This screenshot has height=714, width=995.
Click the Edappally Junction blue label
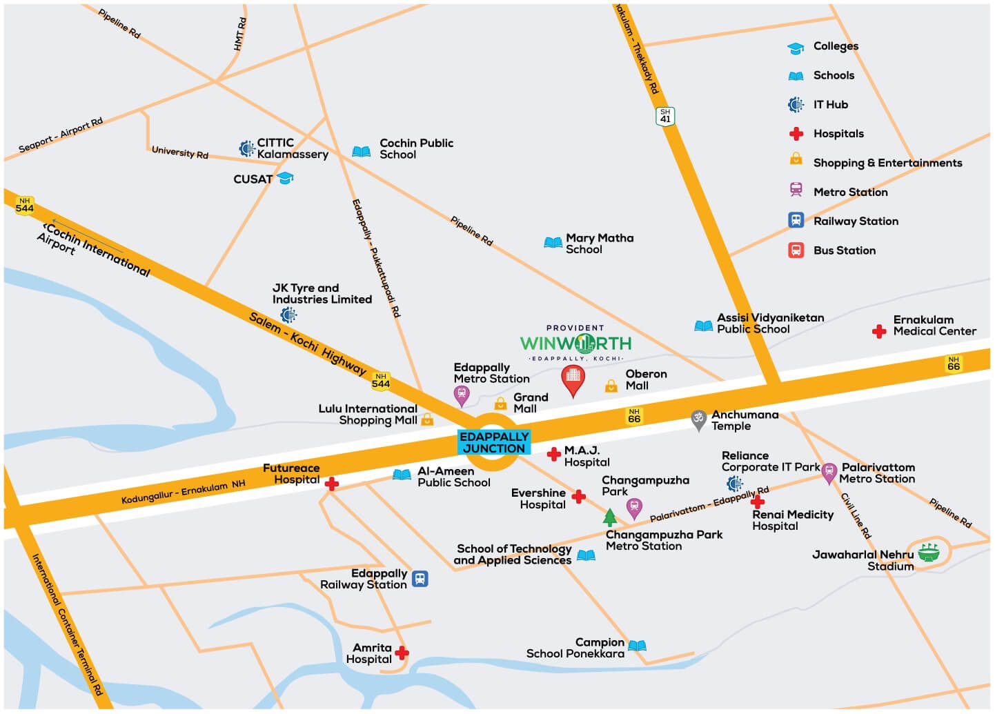494,442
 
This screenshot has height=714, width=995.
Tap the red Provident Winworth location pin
573,379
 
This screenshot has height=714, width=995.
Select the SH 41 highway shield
664,116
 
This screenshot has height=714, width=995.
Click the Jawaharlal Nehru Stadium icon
929,552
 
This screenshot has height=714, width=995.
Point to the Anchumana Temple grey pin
698,419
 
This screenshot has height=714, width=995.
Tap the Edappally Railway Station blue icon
420,579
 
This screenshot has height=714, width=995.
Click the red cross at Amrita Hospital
402,653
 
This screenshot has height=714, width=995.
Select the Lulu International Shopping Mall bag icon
427,419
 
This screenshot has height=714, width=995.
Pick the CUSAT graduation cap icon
285,179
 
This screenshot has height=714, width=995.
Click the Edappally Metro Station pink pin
462,395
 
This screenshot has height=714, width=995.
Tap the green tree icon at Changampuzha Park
609,517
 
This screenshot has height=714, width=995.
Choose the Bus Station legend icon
796,250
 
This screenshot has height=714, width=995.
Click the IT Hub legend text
830,105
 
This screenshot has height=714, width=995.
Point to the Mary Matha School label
599,244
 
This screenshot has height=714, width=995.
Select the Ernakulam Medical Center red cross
879,332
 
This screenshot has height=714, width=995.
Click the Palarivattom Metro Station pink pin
829,473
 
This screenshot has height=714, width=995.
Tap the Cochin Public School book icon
362,151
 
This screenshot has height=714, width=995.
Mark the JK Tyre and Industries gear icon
288,315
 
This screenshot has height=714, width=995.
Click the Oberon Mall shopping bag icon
611,386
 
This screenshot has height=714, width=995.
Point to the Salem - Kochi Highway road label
307,343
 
